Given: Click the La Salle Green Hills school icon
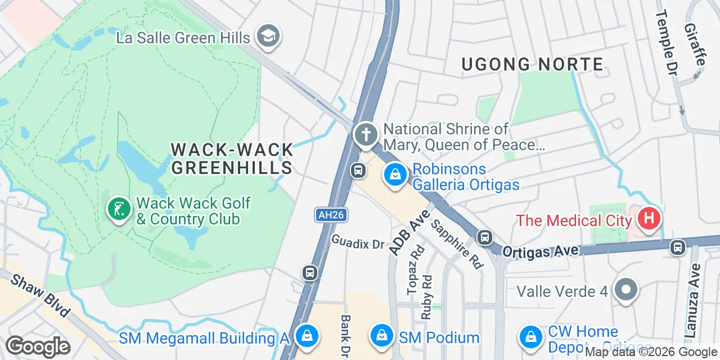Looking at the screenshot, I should pos(268,37).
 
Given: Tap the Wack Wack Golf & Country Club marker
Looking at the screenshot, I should pos(119,209).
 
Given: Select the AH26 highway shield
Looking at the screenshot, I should pos(330,214).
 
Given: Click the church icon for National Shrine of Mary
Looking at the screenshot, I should pos(366,135).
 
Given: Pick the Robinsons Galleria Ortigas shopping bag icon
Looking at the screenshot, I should pos(396,175).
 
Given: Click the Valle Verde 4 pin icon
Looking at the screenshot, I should pos(625,291).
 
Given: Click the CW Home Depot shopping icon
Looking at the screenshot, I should pos(530,336).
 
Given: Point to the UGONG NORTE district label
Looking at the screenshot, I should pos(532,65).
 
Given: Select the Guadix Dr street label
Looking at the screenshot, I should pos(357,242).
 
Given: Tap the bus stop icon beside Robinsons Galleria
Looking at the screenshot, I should pos(358,170).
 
